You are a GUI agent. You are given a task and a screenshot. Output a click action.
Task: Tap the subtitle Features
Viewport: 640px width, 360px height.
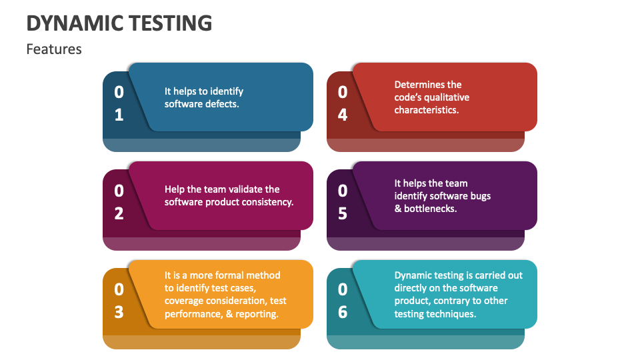54,49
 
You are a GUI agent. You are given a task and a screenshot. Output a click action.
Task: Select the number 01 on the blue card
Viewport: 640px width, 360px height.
119,103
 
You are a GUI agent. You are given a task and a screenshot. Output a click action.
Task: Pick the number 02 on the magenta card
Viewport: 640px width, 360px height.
119,202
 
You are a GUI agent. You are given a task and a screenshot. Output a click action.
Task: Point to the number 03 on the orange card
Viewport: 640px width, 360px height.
119,300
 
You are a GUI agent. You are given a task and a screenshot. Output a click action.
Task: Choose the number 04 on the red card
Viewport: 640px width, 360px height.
343,103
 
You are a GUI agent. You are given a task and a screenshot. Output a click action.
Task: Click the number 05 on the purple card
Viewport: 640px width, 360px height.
343,202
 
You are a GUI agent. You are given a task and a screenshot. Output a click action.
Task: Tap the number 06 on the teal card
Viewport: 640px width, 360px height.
343,300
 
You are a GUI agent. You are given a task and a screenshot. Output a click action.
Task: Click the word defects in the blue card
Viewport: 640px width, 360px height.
223,104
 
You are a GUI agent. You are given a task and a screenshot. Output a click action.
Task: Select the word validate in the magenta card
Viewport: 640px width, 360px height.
244,189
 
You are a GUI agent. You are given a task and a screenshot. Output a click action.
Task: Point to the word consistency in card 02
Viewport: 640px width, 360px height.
265,202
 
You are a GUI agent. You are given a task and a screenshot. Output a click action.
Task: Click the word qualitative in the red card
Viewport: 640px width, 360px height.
444,97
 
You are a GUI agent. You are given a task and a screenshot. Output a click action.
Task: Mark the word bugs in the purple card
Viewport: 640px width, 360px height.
479,196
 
